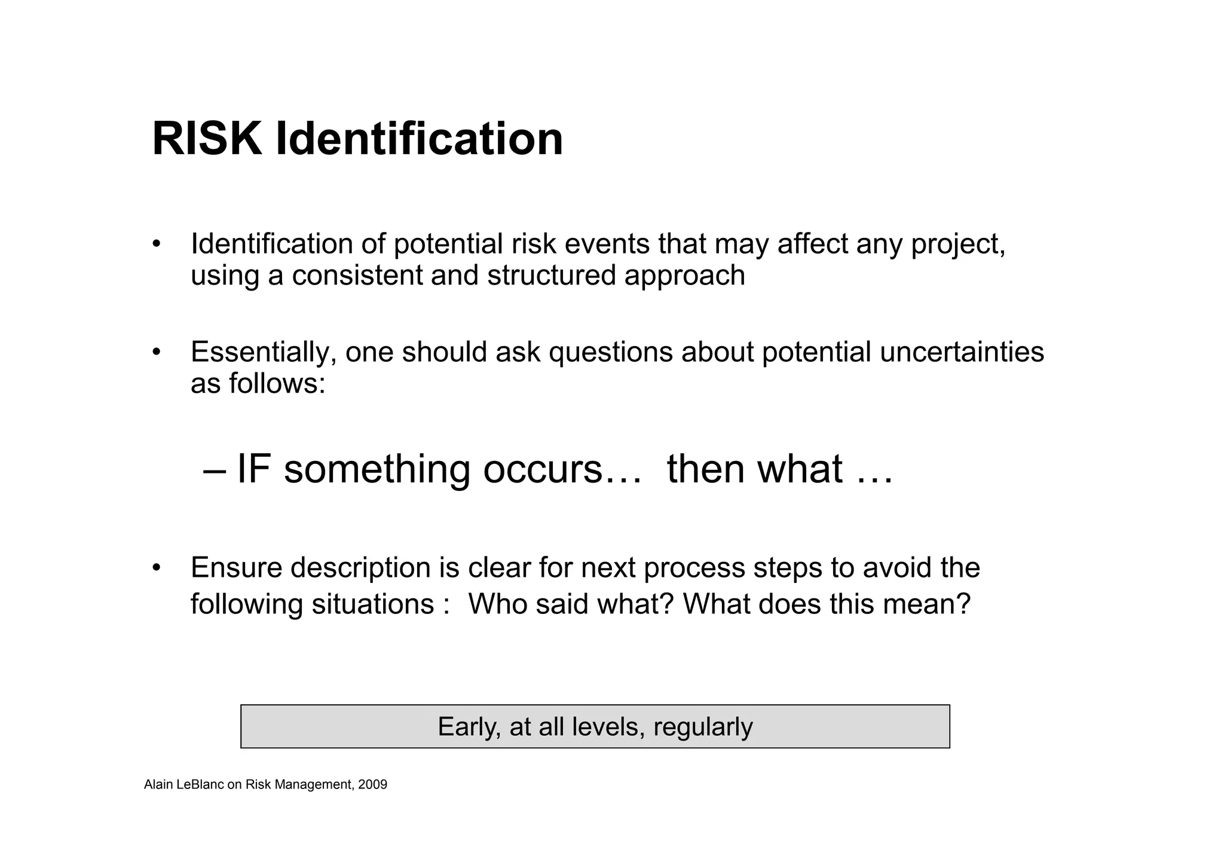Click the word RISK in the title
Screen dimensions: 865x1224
[x=207, y=140]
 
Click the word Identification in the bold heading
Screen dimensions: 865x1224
[x=419, y=140]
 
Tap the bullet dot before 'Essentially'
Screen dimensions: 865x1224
[x=157, y=351]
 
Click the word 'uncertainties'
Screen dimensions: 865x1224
[x=962, y=351]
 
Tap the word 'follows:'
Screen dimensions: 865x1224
[x=277, y=383]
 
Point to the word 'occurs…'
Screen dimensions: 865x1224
[x=562, y=469]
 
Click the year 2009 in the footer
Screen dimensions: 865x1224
[x=372, y=785]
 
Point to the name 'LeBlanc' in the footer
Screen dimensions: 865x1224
[x=200, y=785]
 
